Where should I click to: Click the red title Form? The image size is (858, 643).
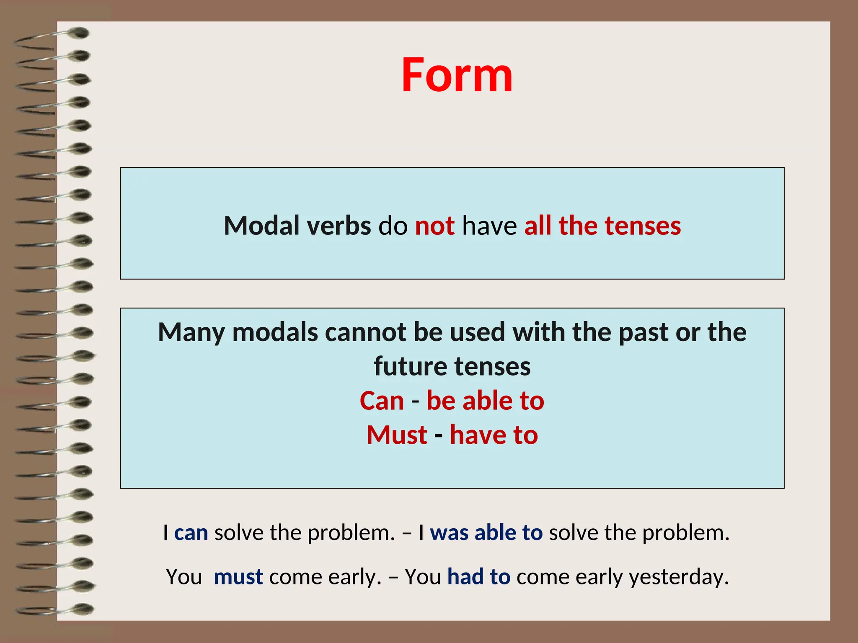(457, 75)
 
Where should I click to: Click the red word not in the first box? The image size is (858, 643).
(434, 226)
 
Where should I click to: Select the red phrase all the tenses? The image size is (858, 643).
(602, 226)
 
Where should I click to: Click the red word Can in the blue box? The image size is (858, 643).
(382, 401)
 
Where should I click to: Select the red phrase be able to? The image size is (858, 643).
(485, 401)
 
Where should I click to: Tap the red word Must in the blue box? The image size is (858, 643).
(397, 435)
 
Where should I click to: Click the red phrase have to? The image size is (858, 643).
(494, 435)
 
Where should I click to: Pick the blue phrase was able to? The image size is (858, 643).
(486, 533)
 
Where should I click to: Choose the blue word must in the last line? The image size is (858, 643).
(238, 577)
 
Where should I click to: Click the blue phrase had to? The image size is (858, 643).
(478, 577)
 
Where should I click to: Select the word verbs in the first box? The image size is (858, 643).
(339, 226)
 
